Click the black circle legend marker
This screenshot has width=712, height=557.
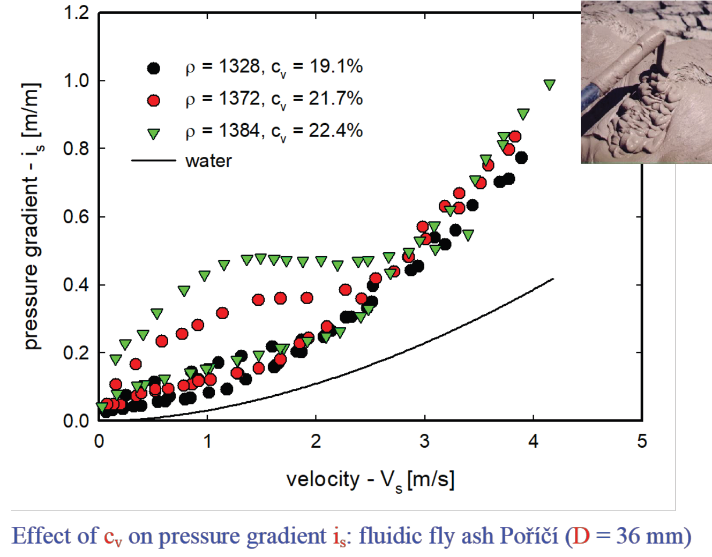[154, 68]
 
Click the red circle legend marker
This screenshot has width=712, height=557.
[154, 100]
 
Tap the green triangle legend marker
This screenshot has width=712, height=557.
[154, 133]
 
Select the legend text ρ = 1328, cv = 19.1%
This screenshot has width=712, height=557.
[274, 67]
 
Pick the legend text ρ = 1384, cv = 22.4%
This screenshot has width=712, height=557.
[274, 131]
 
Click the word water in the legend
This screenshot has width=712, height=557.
[208, 161]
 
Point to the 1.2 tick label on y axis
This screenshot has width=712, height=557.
[76, 13]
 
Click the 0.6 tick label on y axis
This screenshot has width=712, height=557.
[76, 217]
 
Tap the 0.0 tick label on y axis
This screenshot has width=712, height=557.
[76, 421]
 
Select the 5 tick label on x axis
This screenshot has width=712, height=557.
[642, 441]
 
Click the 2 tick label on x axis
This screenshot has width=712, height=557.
[316, 441]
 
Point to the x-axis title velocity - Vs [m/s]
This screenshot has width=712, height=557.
[370, 480]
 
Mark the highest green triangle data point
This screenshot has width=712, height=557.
[549, 85]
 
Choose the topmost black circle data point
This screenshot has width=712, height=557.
[521, 157]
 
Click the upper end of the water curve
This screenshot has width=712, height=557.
[552, 279]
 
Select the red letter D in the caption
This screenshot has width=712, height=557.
[581, 536]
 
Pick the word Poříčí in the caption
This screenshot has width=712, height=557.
[529, 536]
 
